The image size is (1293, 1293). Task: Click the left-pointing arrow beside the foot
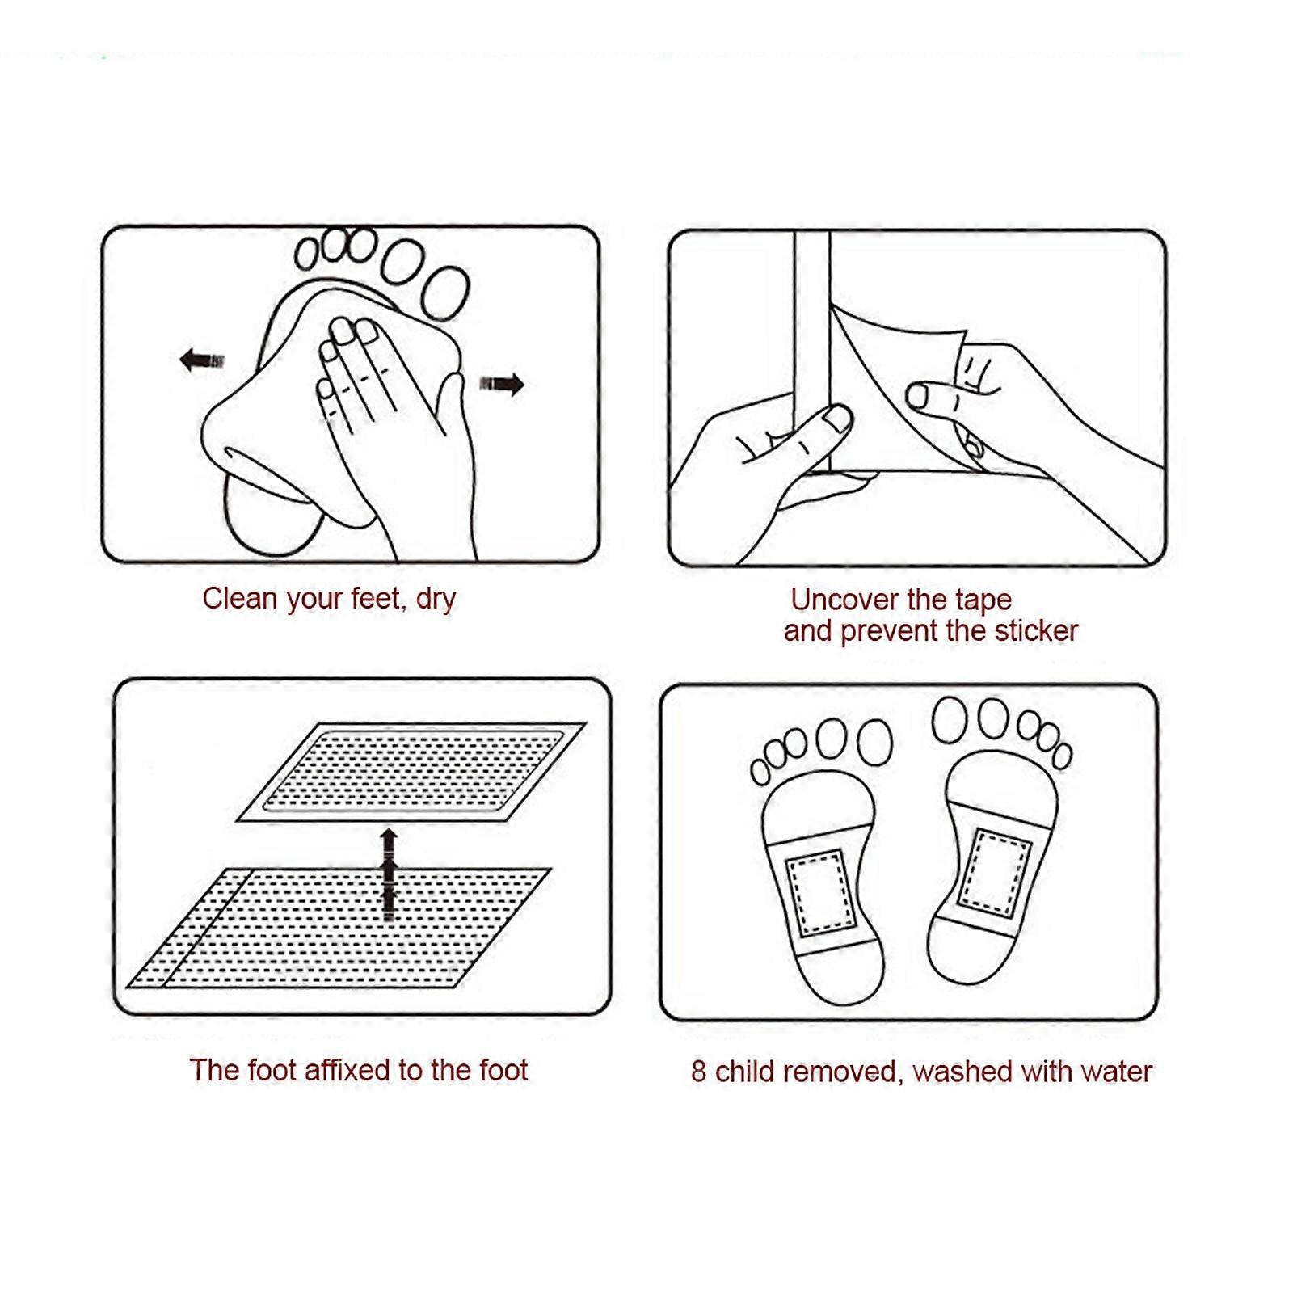[201, 360]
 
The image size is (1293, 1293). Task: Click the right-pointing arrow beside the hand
[502, 384]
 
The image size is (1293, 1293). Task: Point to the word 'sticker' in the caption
[1036, 631]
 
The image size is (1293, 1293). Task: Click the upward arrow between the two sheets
[389, 873]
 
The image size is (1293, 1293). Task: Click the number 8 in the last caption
[699, 1072]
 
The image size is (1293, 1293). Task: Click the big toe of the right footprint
[949, 719]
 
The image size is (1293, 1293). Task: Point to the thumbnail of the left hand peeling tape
[837, 418]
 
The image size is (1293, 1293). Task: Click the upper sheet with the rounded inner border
[412, 771]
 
